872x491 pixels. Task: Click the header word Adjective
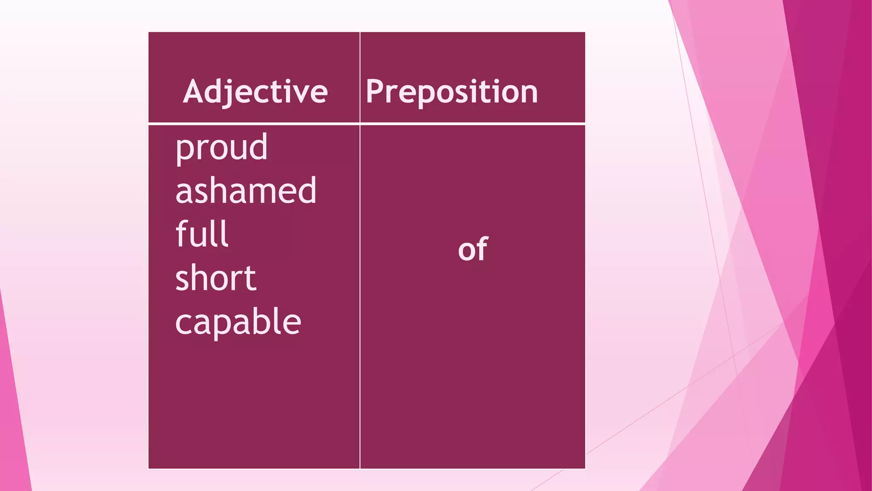click(255, 92)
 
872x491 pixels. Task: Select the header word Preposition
click(452, 92)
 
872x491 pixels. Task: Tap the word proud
click(221, 147)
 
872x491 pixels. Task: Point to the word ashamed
click(246, 191)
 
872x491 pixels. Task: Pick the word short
click(215, 277)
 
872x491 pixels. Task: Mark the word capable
click(238, 321)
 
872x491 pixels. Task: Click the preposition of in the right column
click(473, 249)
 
